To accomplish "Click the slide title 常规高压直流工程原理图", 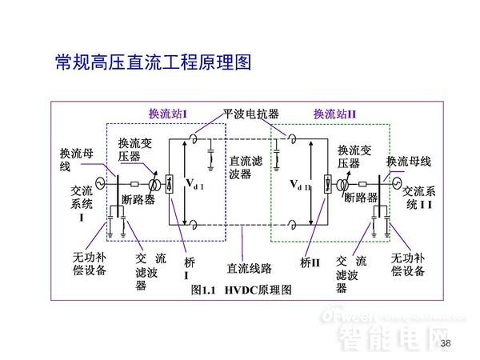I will pos(153,62).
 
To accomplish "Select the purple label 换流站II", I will pos(334,114).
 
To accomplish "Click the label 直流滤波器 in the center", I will pos(240,167).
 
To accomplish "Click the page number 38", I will pos(446,344).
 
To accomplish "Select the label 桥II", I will pos(310,262).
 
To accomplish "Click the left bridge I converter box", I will pos(170,185).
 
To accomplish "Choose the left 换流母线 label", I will pos(76,159).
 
